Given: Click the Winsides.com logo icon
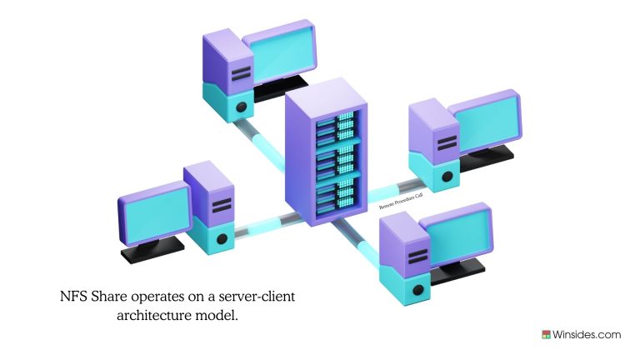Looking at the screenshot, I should [x=547, y=335].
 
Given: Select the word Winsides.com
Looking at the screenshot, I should [x=587, y=335].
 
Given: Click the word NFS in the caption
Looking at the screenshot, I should [x=74, y=296].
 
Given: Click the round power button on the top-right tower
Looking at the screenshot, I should [x=447, y=176].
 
